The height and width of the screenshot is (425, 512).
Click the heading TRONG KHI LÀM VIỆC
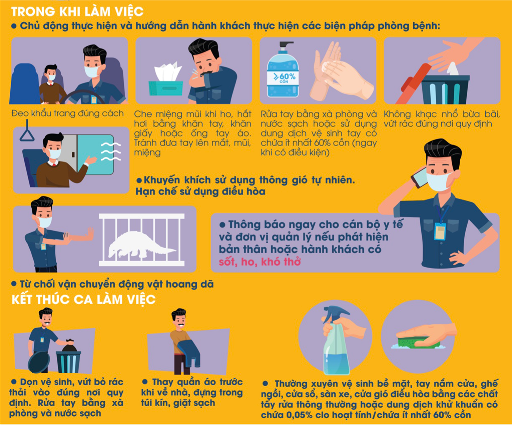(x=77, y=11)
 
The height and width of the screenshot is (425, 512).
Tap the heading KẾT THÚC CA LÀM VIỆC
(x=84, y=299)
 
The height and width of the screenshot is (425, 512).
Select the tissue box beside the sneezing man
(x=166, y=80)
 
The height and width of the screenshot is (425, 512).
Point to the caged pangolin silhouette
(x=141, y=245)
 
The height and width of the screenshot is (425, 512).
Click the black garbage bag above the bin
(x=69, y=345)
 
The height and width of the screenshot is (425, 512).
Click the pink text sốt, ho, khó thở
(x=260, y=261)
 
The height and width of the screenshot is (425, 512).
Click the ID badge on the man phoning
(x=440, y=231)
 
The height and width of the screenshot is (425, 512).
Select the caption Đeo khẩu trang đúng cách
(x=68, y=113)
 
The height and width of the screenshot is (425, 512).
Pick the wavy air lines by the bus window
(x=111, y=152)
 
